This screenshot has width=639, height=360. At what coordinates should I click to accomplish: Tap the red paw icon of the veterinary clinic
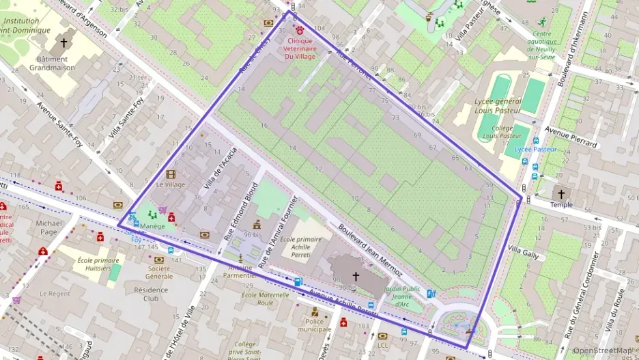pos(299,29)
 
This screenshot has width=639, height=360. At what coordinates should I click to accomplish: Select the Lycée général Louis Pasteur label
pos(498,106)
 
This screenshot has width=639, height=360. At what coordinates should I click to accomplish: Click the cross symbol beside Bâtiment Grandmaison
pos(63,42)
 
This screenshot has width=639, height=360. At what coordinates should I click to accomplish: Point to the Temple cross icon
pos(561,194)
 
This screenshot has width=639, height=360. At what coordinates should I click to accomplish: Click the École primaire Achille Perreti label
pos(300,248)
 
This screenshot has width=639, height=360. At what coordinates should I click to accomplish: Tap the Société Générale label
pos(158,272)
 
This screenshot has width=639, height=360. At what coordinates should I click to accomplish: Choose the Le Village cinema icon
pos(171,174)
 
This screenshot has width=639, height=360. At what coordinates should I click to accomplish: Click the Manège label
pos(153,226)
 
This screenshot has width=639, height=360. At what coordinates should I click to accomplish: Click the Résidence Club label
pos(151,294)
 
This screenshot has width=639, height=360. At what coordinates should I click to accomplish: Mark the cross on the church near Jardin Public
pos(355,276)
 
